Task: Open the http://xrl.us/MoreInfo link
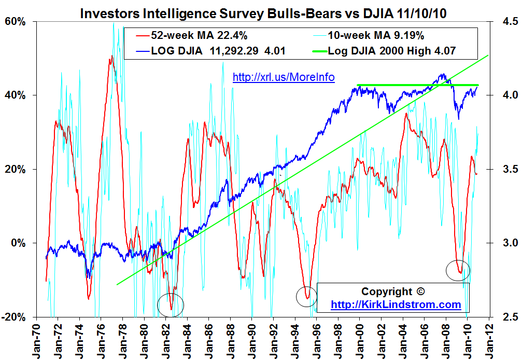pos(284,77)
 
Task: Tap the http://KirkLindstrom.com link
pos(396,304)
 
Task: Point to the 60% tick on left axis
pos(16,22)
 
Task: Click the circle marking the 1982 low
pos(171,304)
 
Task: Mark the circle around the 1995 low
pos(306,296)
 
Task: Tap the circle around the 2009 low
pos(458,270)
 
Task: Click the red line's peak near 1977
pos(110,58)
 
